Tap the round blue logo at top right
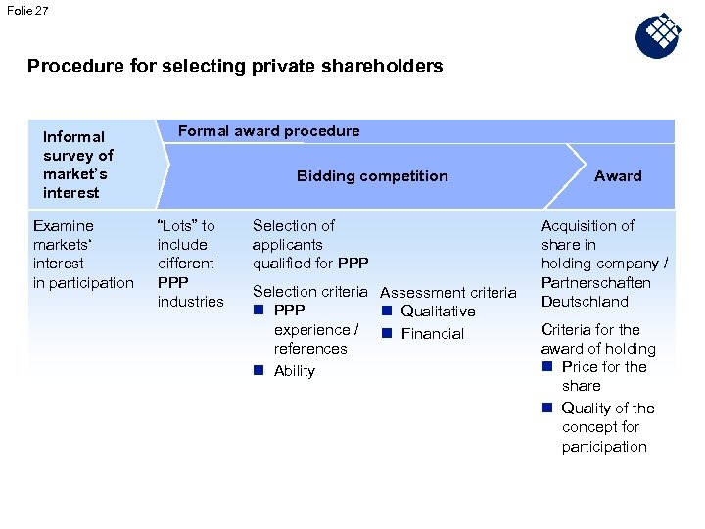pyautogui.click(x=658, y=36)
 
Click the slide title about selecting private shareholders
pyautogui.click(x=235, y=67)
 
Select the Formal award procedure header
pyautogui.click(x=268, y=131)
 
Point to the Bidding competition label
pyautogui.click(x=372, y=176)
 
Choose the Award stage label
pyautogui.click(x=618, y=176)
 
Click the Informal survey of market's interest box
pyautogui.click(x=78, y=165)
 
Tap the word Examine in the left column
pyautogui.click(x=64, y=226)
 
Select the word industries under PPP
pyautogui.click(x=191, y=302)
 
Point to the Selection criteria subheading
pyautogui.click(x=309, y=292)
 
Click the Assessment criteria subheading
pyautogui.click(x=447, y=293)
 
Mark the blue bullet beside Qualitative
pyautogui.click(x=387, y=312)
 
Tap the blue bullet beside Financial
pyautogui.click(x=387, y=334)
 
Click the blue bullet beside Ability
pyautogui.click(x=259, y=371)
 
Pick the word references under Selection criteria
pyautogui.click(x=310, y=349)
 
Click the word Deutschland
pyautogui.click(x=585, y=302)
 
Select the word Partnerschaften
pyautogui.click(x=596, y=283)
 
